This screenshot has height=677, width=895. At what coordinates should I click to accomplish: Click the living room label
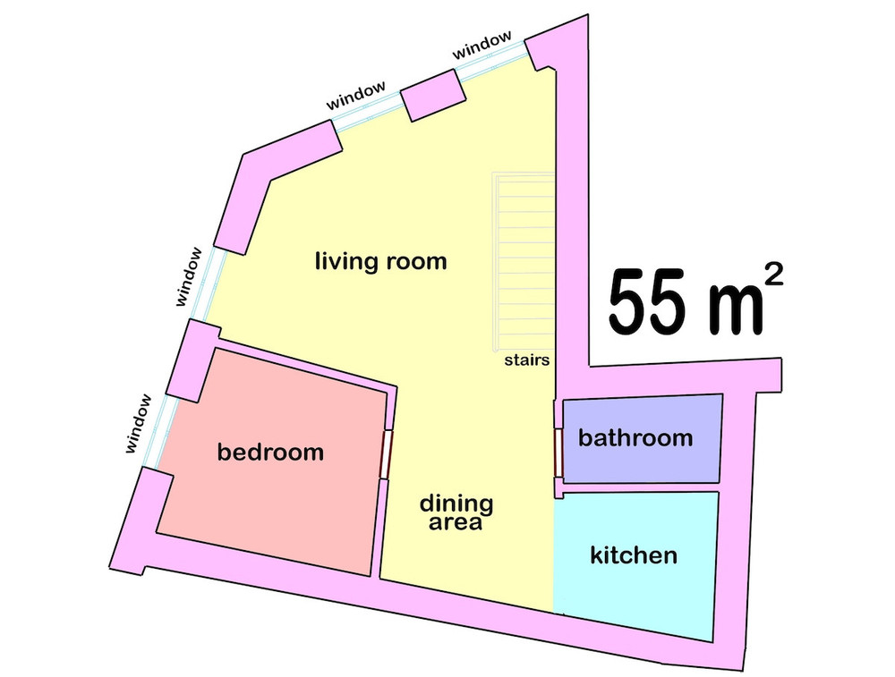tap(380, 262)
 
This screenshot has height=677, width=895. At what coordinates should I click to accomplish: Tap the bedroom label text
tap(270, 453)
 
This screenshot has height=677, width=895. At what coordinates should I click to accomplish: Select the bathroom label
tap(635, 438)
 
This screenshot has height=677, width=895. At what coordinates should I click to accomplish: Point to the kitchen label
tap(634, 555)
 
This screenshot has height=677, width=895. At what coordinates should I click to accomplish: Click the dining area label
tap(456, 512)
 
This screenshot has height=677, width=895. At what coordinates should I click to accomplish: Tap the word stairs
tap(527, 360)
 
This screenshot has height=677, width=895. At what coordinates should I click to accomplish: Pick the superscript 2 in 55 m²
tap(773, 275)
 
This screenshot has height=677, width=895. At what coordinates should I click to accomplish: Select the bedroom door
tap(387, 454)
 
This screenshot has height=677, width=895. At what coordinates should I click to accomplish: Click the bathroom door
tap(558, 451)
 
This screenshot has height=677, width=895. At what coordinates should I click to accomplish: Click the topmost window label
tap(482, 45)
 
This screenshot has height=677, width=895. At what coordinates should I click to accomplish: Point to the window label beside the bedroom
tap(140, 424)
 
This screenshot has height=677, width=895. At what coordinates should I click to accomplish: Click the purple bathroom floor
tap(642, 438)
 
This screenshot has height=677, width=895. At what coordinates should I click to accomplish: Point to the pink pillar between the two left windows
tap(193, 360)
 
